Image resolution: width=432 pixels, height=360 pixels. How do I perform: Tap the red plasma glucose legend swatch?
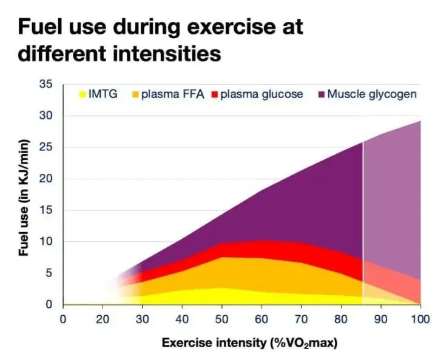click(x=214, y=95)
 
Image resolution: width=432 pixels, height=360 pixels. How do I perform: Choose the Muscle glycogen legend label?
click(x=371, y=95)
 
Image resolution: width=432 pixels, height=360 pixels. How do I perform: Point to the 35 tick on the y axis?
click(x=46, y=84)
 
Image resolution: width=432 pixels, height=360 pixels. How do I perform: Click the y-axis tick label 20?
click(x=46, y=179)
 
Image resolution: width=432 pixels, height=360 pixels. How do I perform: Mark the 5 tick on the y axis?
click(x=49, y=273)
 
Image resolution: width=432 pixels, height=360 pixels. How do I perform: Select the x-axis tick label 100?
click(x=420, y=319)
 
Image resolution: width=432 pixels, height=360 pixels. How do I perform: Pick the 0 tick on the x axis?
click(x=62, y=319)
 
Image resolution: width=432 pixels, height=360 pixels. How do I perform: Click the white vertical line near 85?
click(x=363, y=224)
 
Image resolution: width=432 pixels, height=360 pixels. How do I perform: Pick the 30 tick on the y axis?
click(x=46, y=116)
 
